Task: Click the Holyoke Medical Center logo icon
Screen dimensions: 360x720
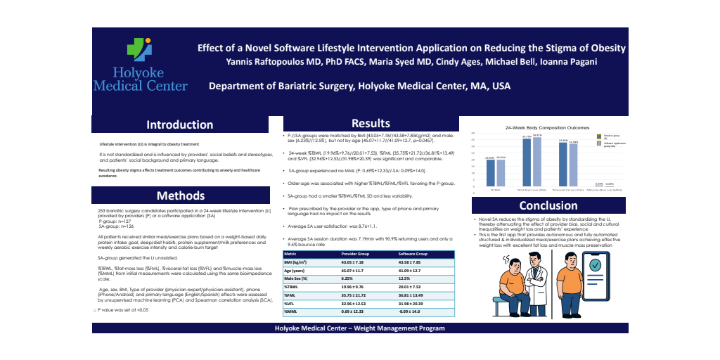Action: [x=139, y=50]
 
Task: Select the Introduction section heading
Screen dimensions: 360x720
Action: [x=179, y=124]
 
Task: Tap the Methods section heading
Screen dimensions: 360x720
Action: [x=180, y=195]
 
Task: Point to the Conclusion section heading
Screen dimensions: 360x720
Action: [x=548, y=205]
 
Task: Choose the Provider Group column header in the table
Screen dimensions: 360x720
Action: [x=359, y=253]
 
